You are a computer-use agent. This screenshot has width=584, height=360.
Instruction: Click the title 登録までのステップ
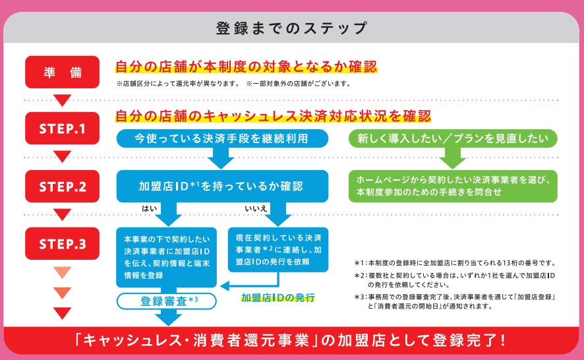coord(291,28)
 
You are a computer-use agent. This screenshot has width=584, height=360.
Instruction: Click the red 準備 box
coord(62,73)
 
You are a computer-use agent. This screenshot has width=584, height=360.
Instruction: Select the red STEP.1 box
coord(62,128)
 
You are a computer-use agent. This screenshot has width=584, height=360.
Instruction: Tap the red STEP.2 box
coord(62,187)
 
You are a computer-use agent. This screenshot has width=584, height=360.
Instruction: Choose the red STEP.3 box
coord(62,243)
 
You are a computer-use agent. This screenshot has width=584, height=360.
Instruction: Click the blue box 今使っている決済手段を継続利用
coord(222,138)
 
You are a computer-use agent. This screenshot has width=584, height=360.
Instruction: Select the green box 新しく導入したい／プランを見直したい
coord(453,138)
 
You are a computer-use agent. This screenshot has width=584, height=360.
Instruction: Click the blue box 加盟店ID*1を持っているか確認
coord(222,187)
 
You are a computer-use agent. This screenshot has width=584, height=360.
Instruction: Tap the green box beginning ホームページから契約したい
coord(453,187)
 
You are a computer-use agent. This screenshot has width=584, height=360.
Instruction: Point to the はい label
coord(150,209)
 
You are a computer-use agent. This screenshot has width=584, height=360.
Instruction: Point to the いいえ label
coord(256,209)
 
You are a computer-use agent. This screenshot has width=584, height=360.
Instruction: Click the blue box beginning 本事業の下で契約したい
coord(167,257)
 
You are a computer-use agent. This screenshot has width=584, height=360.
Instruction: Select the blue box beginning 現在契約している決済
coord(278,250)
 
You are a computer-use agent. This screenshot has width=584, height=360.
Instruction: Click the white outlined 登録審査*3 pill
coord(167,301)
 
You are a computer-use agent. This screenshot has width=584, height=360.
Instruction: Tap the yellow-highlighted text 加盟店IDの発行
coord(278,298)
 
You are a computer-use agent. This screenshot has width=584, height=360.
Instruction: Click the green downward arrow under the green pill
coord(453,158)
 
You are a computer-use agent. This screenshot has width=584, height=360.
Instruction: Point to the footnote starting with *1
coord(455,262)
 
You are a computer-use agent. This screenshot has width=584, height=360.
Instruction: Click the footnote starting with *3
coord(455,301)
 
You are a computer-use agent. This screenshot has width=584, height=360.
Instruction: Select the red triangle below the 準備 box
coord(62,100)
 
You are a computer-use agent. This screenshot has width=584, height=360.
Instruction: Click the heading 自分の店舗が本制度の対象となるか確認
coord(246,67)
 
